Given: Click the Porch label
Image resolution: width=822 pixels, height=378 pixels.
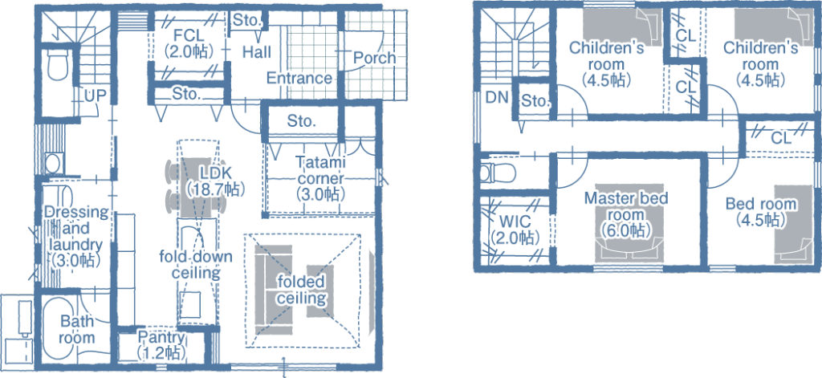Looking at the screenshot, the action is [x=374, y=57].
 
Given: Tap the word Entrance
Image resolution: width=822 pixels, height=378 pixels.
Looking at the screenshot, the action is [x=299, y=78].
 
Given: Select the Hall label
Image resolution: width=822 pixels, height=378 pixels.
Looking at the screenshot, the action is [x=257, y=52].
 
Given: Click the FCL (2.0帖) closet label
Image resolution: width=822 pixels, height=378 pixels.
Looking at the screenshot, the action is [x=188, y=43].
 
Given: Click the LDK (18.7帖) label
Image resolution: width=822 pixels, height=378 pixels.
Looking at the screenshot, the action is [x=215, y=181].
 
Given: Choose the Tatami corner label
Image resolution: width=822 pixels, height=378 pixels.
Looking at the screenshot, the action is [x=321, y=177].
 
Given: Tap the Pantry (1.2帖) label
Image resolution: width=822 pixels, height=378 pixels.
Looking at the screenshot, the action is [x=161, y=344].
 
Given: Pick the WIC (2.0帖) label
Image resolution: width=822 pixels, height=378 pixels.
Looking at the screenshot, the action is [x=515, y=229].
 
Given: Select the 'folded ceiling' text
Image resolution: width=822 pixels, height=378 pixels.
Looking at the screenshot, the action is [x=302, y=291].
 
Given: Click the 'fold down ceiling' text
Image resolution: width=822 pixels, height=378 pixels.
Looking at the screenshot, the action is [x=196, y=265].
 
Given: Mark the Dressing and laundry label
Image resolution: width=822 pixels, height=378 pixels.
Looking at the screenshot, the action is [x=76, y=236].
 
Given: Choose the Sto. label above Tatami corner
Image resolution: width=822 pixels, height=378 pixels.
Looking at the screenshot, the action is [x=302, y=122].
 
